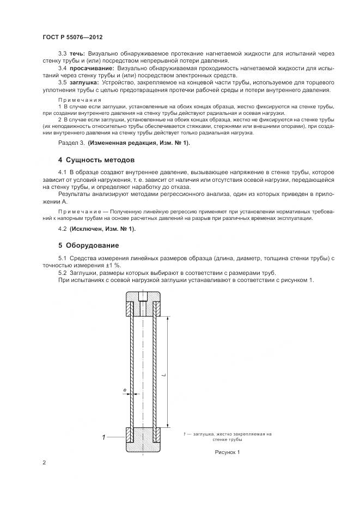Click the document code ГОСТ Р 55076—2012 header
tap(72, 36)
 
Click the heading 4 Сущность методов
tap(95, 160)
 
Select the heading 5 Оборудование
tap(88, 245)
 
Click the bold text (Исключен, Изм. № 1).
tap(102, 229)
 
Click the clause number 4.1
tap(62, 173)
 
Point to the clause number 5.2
tap(62, 273)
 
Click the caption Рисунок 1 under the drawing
tap(227, 452)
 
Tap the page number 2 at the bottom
tap(44, 463)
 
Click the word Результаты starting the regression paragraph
tap(75, 194)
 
